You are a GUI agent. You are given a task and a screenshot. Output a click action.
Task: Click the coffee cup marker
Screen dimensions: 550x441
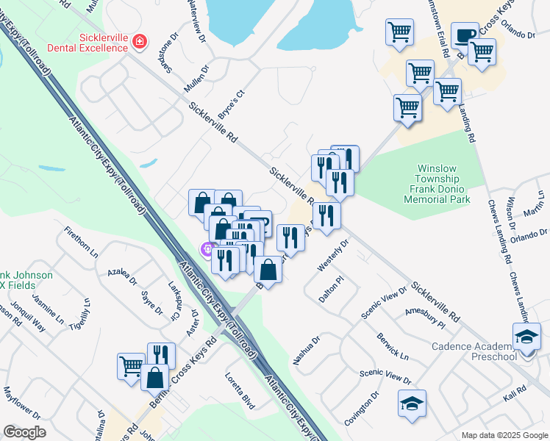464,35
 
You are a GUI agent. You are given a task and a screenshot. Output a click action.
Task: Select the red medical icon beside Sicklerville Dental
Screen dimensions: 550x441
139,41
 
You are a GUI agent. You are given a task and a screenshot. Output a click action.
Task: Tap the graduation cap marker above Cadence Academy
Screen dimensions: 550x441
526,336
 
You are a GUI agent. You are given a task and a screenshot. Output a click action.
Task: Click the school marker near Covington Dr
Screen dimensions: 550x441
412,403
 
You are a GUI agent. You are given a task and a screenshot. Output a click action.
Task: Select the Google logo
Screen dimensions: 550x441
24,432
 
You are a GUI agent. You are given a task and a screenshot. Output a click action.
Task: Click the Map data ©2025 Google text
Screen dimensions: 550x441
504,434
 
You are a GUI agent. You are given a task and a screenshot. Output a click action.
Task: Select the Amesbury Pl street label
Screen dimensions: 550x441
425,318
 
